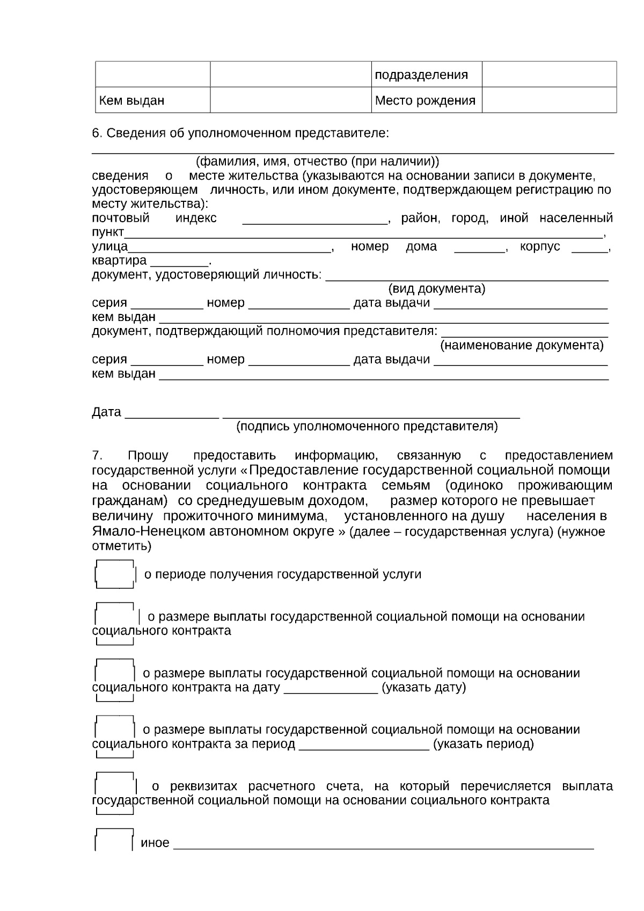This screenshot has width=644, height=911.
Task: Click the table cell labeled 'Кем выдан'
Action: coord(132,100)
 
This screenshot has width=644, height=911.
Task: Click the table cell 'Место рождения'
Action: coord(425,100)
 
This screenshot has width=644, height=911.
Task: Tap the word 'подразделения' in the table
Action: coord(421,75)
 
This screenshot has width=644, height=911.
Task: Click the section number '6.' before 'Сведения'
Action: coord(97,133)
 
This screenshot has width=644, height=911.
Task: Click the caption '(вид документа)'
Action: coord(436,289)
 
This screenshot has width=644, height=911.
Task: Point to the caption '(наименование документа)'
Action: coord(522,345)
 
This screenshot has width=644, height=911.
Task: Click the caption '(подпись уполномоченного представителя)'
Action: coord(367,426)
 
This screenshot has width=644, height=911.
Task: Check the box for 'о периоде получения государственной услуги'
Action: coord(114,574)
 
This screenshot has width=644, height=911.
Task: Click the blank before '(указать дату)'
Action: coord(330,689)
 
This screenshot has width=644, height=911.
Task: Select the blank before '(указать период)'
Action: coord(363,746)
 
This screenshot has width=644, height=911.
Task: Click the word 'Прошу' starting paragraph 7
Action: coord(148,456)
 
